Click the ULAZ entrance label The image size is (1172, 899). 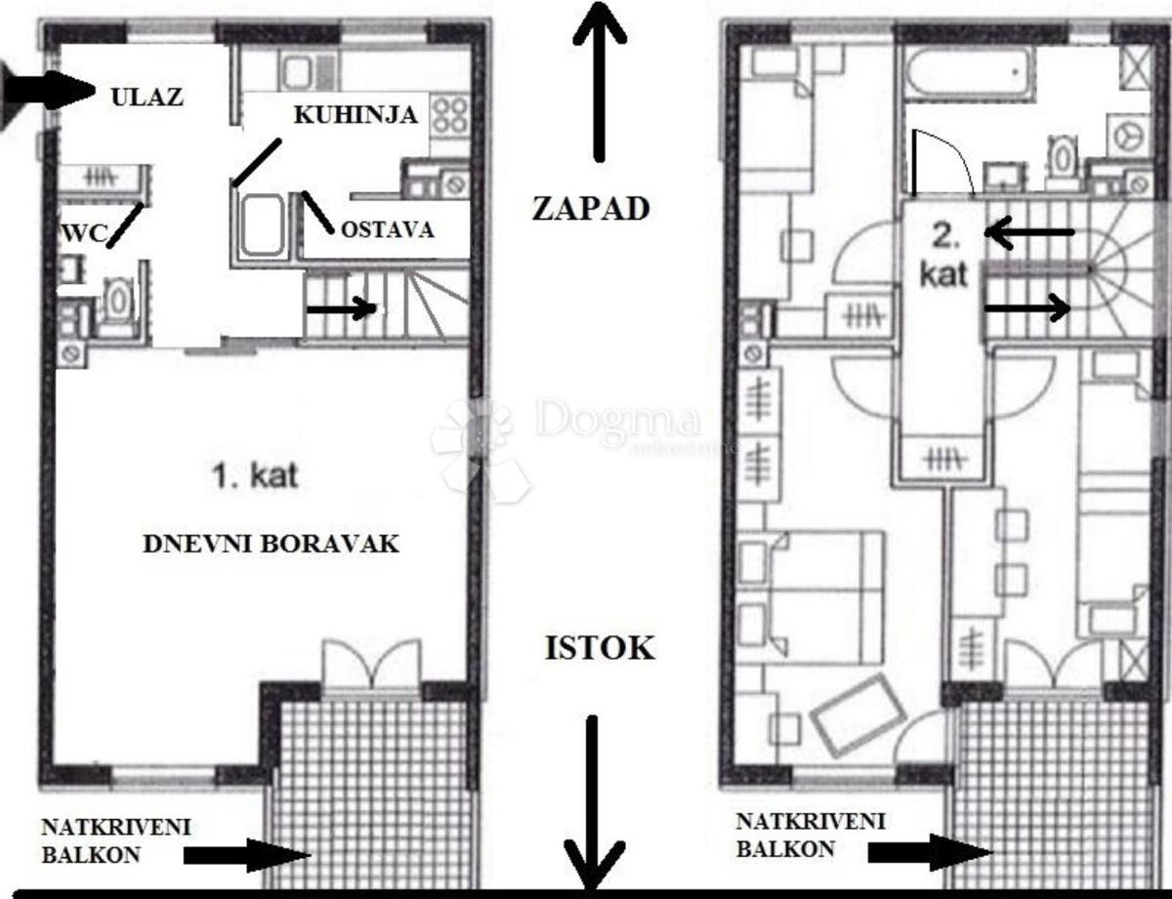[x=146, y=98]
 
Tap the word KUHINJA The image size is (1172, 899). [x=356, y=115]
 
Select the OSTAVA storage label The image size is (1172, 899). [x=388, y=230]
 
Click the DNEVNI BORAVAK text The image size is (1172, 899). [x=272, y=544]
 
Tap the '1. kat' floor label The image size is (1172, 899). [x=255, y=476]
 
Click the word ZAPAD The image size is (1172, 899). [x=591, y=209]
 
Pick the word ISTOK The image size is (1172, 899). [x=601, y=648]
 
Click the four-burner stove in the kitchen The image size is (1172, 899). [x=450, y=116]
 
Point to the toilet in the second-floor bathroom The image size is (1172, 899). [x=1061, y=157]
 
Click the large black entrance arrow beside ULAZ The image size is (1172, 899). [x=46, y=91]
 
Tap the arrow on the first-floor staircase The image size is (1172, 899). [x=342, y=308]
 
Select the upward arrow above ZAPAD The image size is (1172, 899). [x=599, y=81]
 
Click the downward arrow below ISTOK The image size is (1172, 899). [x=593, y=802]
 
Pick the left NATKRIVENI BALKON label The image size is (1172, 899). [x=116, y=840]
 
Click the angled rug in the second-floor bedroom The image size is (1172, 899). [x=856, y=715]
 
